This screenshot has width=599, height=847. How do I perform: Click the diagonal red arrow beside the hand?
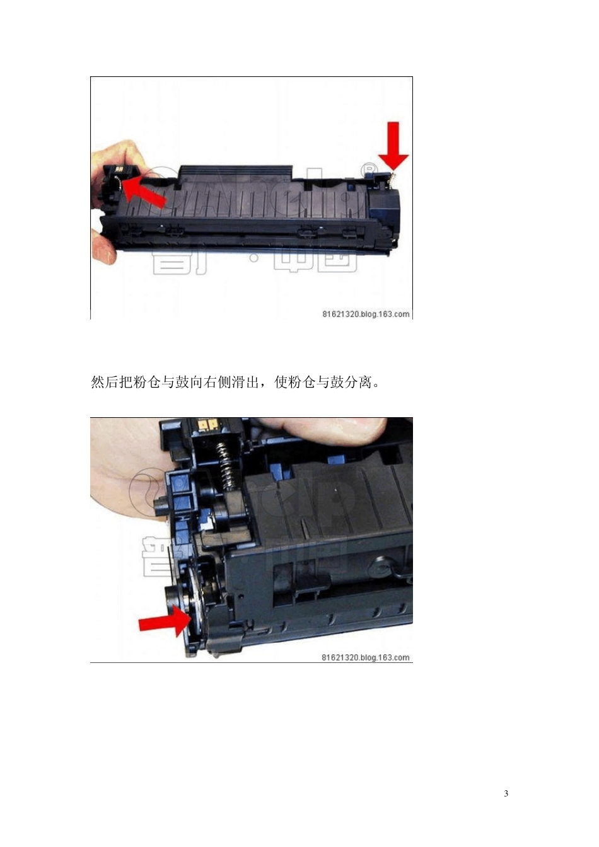pyautogui.click(x=144, y=193)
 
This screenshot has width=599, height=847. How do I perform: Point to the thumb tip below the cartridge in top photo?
pyautogui.click(x=104, y=250)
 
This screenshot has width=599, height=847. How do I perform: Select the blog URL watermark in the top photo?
pyautogui.click(x=366, y=314)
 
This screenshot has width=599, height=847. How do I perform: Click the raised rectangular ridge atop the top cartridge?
pyautogui.click(x=236, y=171)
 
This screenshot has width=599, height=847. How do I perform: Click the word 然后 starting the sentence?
pyautogui.click(x=105, y=382)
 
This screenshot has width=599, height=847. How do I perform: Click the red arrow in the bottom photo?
pyautogui.click(x=163, y=623)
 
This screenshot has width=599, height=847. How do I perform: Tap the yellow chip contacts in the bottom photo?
pyautogui.click(x=209, y=425)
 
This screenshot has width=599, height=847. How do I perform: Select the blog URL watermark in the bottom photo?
pyautogui.click(x=366, y=657)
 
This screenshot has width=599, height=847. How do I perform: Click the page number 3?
pyautogui.click(x=506, y=793)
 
